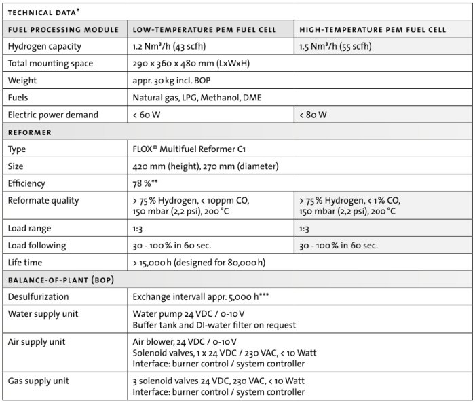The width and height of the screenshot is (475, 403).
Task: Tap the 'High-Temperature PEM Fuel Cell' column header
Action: click(x=373, y=30)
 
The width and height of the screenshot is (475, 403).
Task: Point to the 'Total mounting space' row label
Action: click(x=50, y=64)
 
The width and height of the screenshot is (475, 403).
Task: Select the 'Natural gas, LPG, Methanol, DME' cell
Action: click(x=197, y=98)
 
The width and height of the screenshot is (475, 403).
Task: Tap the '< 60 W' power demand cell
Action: click(x=147, y=115)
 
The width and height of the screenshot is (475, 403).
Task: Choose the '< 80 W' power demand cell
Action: click(x=313, y=115)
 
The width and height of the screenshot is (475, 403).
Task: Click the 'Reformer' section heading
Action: click(x=30, y=132)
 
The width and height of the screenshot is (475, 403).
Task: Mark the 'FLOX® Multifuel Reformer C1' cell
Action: click(x=193, y=149)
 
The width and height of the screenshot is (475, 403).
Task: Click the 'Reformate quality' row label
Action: click(x=43, y=200)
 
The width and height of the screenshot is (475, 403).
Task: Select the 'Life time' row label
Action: click(x=28, y=262)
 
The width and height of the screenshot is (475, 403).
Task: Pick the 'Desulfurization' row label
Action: click(x=39, y=296)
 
